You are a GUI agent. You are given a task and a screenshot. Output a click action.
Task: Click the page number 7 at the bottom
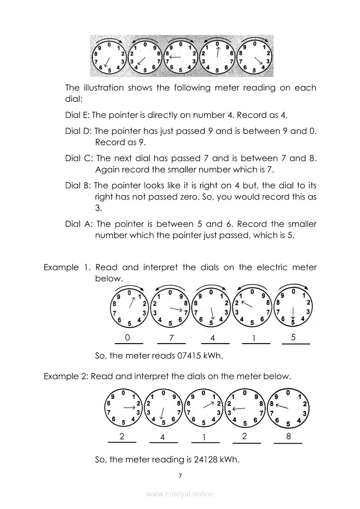tap(180, 475)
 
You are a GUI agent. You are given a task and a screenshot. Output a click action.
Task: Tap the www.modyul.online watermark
tap(180, 494)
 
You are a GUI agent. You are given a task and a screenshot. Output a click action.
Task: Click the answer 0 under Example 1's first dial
tap(127, 337)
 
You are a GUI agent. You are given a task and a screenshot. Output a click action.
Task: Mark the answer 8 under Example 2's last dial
tap(288, 437)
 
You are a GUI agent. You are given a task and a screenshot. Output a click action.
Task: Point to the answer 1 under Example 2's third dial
tap(204, 438)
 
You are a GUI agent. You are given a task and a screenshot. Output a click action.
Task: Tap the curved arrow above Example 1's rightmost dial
tap(295, 285)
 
